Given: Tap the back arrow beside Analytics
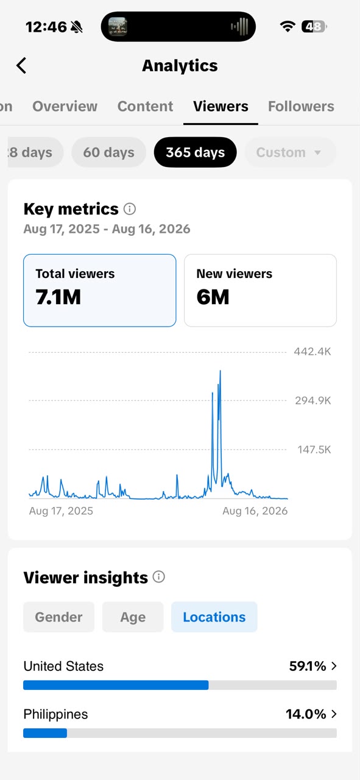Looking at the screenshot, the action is point(21,65).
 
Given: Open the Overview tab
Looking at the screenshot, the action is point(65,106).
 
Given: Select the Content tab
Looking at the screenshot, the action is point(145,106).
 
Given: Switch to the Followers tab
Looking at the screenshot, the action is point(301,106).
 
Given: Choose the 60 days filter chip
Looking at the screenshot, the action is point(108,152).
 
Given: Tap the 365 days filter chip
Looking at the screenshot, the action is point(196,152).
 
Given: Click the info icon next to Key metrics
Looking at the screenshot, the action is point(130,209).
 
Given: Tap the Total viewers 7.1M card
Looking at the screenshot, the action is point(99,291).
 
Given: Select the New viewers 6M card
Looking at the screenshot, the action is point(261,291).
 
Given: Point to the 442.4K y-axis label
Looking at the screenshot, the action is point(312,352).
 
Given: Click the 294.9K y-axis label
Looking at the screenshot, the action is point(313,401).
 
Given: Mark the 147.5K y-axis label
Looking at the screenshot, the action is point(314,450).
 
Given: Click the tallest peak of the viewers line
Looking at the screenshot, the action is point(220,371).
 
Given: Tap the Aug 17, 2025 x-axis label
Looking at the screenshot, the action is point(61,511).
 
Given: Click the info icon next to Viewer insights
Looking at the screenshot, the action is point(159,577).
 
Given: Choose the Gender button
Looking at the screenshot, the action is point(59,617).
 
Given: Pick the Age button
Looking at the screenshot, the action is point(133,617).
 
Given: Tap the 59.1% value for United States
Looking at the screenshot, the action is point(308,666).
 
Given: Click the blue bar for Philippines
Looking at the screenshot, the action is point(45,733).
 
